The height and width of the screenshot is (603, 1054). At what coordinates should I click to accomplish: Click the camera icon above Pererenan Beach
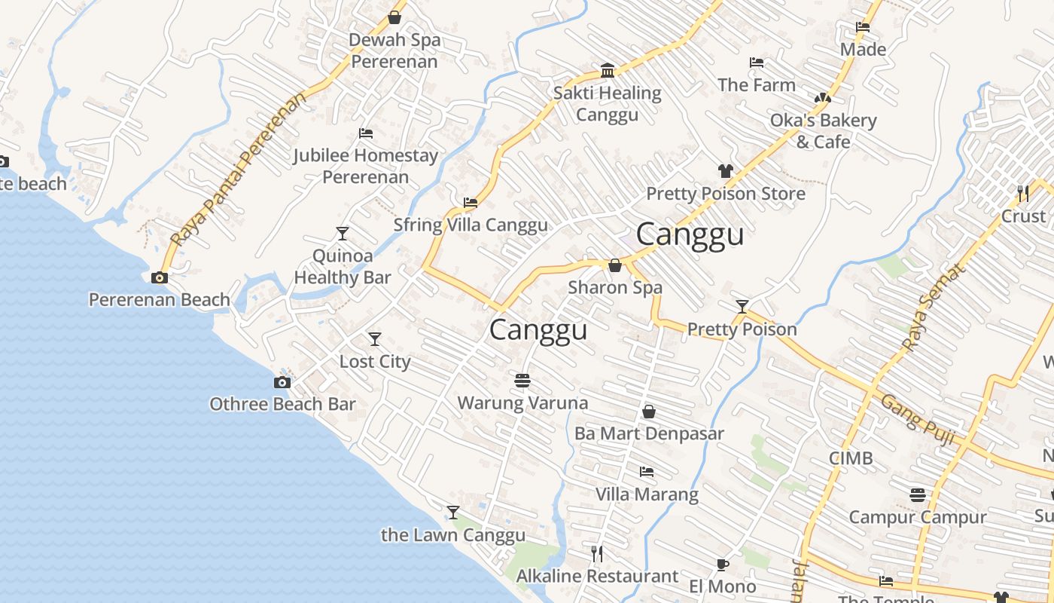[x=159, y=277]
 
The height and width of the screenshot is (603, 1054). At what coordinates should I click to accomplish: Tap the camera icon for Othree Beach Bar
[x=282, y=382]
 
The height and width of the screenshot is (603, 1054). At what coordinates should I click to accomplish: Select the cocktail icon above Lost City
[x=374, y=339]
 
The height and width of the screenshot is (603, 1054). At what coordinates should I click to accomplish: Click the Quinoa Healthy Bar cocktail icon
[x=343, y=233]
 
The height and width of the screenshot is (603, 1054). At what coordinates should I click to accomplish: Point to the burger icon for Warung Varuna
[x=522, y=381]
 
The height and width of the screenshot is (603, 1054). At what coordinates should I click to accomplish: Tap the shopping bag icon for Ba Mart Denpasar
[x=648, y=412]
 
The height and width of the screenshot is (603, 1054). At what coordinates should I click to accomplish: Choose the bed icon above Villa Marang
[x=646, y=472]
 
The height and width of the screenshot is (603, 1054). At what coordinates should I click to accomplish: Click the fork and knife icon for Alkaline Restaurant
[x=596, y=554]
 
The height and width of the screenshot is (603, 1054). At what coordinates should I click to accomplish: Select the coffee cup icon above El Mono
[x=722, y=565]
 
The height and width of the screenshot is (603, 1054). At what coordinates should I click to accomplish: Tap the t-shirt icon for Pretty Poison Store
[x=725, y=171]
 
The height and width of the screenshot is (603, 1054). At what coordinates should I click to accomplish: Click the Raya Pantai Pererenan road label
[x=239, y=170]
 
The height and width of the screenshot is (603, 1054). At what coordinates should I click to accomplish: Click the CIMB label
[x=851, y=458]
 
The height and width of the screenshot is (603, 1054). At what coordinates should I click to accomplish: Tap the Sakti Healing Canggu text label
[x=607, y=104]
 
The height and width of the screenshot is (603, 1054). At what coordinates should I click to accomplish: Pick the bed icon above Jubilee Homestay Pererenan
[x=366, y=133]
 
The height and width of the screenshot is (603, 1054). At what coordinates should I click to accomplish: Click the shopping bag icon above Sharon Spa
[x=614, y=265]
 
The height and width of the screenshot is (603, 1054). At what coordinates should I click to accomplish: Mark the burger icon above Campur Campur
[x=917, y=495]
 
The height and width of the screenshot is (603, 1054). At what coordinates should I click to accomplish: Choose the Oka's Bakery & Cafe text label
[x=823, y=131]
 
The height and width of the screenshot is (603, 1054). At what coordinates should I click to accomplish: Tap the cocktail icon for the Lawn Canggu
[x=452, y=513]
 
